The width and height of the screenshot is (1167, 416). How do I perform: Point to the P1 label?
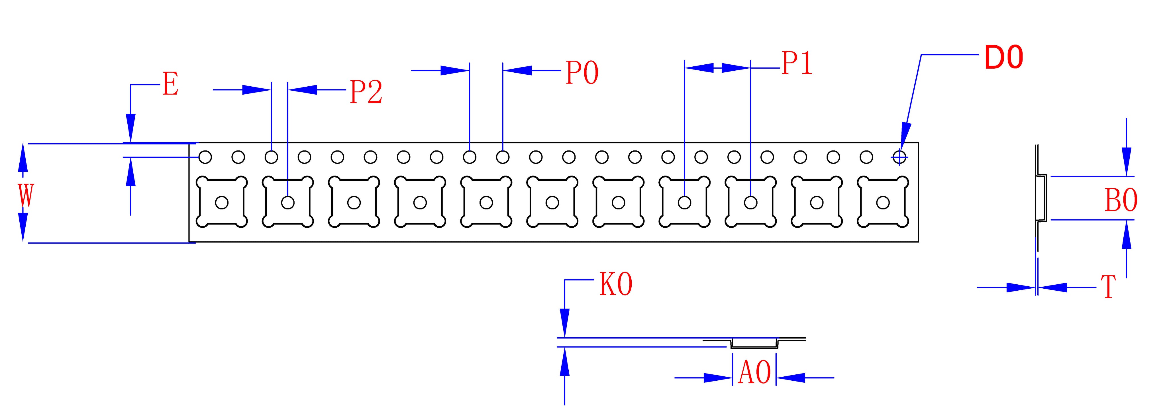pos(797,64)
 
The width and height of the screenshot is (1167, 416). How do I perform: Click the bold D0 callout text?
pos(1004,58)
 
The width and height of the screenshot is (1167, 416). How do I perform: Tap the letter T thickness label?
pos(1108,287)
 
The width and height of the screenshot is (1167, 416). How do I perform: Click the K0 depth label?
pos(616,285)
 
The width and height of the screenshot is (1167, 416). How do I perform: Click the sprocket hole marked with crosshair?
pos(899,157)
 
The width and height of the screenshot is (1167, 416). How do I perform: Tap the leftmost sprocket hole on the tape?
pos(205,157)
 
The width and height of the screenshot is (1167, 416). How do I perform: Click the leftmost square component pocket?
pos(222,202)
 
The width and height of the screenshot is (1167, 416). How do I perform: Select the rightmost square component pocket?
pos(882,202)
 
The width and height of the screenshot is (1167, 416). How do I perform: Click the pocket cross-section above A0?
pos(754,343)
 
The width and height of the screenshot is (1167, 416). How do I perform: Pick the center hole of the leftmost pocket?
pos(222,203)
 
